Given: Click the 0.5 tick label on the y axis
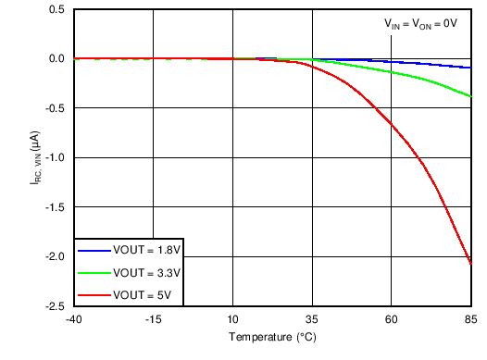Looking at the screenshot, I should point(56,9).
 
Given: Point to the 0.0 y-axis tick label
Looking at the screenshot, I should point(56,58).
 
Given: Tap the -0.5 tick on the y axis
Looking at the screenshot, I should point(54,108).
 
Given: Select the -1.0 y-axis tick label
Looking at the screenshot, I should point(54,157).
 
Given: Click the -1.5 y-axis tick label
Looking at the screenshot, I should point(54,207).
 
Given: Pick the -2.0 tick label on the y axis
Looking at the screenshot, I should point(54,256).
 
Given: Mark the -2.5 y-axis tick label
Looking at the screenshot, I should point(54,306).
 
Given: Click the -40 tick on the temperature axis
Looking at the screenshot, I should point(75,320).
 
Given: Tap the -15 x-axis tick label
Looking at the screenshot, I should point(154,320).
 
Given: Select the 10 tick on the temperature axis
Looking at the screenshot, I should point(233,320).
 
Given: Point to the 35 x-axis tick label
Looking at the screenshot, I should point(312,320).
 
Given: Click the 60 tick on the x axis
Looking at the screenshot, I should point(392,320).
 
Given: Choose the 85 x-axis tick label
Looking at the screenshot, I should point(469,320).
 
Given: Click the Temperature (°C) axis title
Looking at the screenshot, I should point(273,338).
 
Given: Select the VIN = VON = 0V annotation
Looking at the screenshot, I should point(421,26).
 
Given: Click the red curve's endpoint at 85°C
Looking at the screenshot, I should point(470,265).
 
